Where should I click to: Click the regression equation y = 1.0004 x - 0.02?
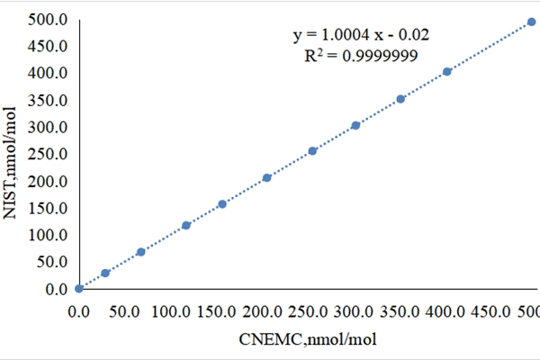(359, 35)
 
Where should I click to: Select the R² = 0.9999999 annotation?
(359, 55)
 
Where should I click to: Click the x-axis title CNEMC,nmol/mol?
(308, 338)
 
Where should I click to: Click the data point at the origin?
(79, 288)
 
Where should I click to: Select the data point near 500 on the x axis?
(531, 22)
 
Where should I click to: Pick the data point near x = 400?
(447, 71)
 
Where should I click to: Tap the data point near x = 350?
(400, 99)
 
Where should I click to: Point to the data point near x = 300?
(355, 125)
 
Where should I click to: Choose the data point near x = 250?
(312, 151)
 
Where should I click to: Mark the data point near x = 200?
(266, 177)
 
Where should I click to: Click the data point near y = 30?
(105, 273)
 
